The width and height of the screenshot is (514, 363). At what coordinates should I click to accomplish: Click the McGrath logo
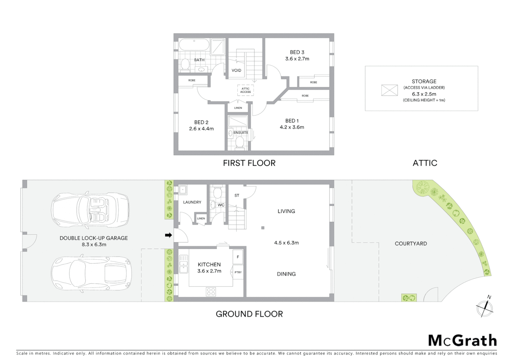pyautogui.click(x=462, y=340)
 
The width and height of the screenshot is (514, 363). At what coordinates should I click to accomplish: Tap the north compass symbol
pyautogui.click(x=485, y=308)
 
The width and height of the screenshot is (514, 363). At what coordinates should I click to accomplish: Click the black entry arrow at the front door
pyautogui.click(x=168, y=235)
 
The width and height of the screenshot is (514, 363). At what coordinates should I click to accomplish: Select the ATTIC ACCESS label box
pyautogui.click(x=245, y=90)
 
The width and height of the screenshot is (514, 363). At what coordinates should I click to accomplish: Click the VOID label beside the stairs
pyautogui.click(x=236, y=70)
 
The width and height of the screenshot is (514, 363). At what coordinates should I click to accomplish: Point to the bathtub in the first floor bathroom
pyautogui.click(x=193, y=44)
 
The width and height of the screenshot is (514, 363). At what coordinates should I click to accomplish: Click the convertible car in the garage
pyautogui.click(x=90, y=210)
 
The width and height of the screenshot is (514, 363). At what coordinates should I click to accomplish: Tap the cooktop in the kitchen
pyautogui.click(x=211, y=292)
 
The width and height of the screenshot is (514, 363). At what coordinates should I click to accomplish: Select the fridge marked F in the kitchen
pyautogui.click(x=238, y=257)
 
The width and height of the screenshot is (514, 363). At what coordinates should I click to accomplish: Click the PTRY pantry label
pyautogui.click(x=238, y=272)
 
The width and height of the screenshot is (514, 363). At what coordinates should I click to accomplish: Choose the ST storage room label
pyautogui.click(x=237, y=195)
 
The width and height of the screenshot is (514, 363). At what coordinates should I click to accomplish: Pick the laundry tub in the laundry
pyautogui.click(x=183, y=190)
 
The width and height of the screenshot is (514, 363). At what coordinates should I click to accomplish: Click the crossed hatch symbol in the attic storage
pyautogui.click(x=389, y=90)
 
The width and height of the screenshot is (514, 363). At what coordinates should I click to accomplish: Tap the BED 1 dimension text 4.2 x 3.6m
pyautogui.click(x=292, y=127)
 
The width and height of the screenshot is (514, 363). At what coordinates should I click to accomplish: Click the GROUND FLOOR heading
pyautogui.click(x=249, y=314)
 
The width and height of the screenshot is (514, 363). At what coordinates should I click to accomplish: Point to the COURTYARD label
pyautogui.click(x=410, y=243)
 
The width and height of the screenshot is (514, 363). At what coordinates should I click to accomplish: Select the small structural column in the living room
pyautogui.click(x=263, y=228)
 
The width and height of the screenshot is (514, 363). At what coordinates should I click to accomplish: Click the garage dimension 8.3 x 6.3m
pyautogui.click(x=94, y=244)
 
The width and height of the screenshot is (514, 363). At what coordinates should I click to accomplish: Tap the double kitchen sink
pyautogui.click(x=183, y=264)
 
